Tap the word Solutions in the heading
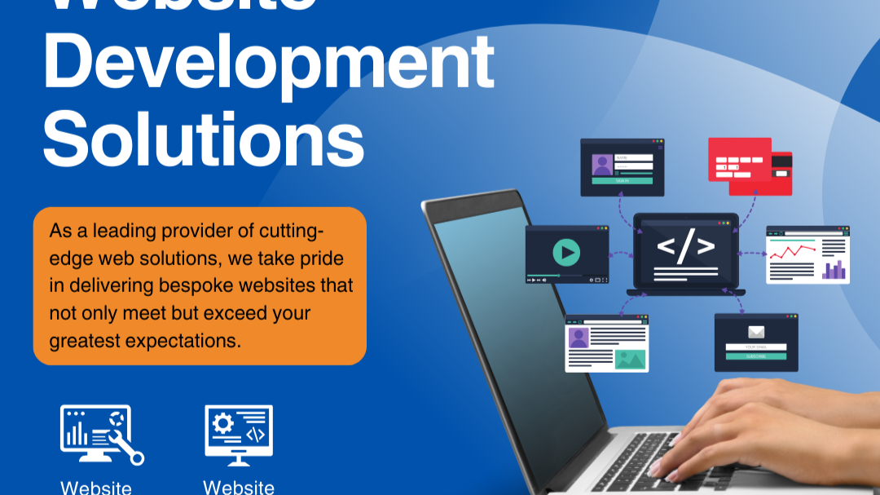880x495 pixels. [x=204, y=141]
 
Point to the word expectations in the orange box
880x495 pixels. [x=183, y=340]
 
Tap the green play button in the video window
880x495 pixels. [x=565, y=252]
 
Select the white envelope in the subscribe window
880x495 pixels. [x=756, y=332]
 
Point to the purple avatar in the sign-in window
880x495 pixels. [x=602, y=166]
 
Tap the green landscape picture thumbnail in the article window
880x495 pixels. [x=630, y=359]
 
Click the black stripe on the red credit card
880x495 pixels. [x=781, y=172]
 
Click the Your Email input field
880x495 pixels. [x=756, y=347]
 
